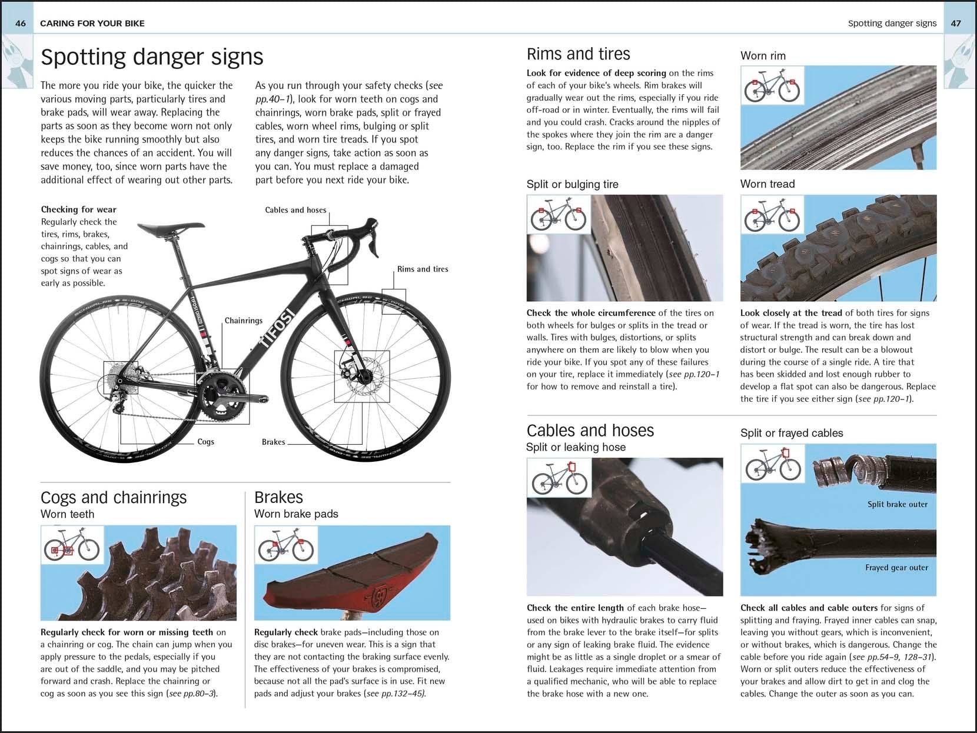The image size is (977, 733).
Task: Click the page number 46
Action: (x=21, y=24)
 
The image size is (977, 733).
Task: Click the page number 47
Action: (x=956, y=24)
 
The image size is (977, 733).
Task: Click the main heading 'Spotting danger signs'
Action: (x=152, y=57)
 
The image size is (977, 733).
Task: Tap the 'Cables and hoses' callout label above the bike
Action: (x=295, y=210)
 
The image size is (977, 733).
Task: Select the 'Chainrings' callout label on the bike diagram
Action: (x=243, y=321)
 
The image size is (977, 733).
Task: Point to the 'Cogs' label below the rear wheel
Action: (x=205, y=442)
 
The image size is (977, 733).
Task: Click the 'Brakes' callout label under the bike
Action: (x=273, y=442)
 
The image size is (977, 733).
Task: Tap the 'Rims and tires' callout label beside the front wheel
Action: (x=423, y=269)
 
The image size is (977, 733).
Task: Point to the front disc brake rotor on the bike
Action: (x=362, y=377)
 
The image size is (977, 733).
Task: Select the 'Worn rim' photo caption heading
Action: (x=763, y=56)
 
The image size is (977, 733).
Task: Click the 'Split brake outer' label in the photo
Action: (x=897, y=504)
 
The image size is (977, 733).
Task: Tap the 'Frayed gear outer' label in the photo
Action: (x=896, y=568)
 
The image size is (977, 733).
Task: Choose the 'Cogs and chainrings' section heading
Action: (x=114, y=498)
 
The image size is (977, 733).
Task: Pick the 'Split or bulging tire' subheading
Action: (x=572, y=184)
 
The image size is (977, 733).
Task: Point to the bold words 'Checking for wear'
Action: (x=79, y=209)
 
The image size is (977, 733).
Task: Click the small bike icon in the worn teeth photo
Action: (x=72, y=545)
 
